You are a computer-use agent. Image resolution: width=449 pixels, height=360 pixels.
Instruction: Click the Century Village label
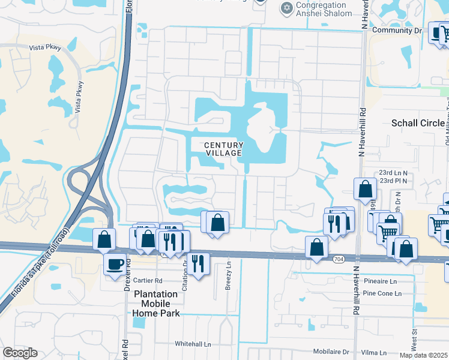[x=223, y=149]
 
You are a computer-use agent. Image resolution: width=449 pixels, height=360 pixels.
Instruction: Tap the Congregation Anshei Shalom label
[x=325, y=9]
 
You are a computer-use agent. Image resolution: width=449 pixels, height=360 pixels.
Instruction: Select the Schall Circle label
[x=418, y=123]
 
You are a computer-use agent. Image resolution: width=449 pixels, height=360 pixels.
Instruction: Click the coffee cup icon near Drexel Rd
[x=115, y=264]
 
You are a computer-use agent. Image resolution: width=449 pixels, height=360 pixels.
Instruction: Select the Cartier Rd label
[x=149, y=280]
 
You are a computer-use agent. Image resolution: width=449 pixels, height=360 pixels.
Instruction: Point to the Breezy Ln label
[x=228, y=282]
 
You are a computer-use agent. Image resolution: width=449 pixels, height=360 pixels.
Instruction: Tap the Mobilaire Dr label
[x=331, y=352]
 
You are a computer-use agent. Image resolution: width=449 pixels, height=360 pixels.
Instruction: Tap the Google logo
[x=20, y=353]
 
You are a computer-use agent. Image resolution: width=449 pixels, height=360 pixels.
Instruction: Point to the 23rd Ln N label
[x=393, y=173]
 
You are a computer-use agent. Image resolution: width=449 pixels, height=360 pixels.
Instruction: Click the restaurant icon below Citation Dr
[x=196, y=262]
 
